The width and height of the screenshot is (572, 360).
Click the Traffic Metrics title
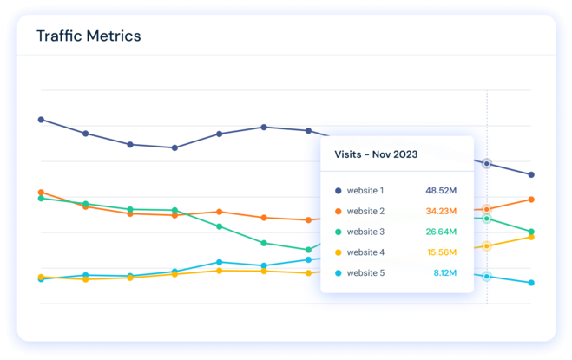point(89,36)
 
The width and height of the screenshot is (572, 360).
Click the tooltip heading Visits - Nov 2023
point(376,154)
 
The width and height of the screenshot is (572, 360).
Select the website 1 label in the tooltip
point(365,190)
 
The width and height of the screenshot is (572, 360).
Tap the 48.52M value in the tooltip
point(441,190)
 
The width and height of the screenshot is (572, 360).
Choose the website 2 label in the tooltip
point(365,211)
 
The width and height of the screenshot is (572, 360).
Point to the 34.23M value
point(441,211)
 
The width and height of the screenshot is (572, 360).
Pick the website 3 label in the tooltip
point(365,232)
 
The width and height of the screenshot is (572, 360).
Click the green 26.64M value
point(441,232)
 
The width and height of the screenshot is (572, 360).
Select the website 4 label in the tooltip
point(365,252)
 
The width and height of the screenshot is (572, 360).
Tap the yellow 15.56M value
point(441,252)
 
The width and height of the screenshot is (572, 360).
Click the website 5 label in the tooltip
point(365,273)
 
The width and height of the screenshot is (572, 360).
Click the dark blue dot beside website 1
point(338,190)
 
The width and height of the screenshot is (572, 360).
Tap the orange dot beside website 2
point(338,211)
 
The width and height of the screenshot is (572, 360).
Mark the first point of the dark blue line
point(41,120)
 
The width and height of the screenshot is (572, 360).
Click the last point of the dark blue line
point(531,175)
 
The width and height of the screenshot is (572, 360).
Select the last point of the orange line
point(531,200)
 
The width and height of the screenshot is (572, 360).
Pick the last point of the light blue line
point(531,283)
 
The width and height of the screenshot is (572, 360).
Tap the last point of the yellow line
point(531,237)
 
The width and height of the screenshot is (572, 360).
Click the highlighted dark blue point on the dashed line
point(487,163)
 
